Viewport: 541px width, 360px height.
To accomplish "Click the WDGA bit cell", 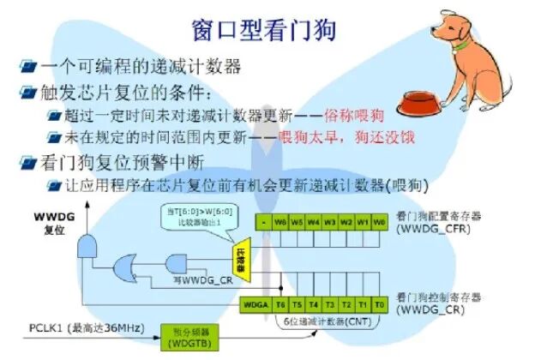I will pos(254,303).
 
